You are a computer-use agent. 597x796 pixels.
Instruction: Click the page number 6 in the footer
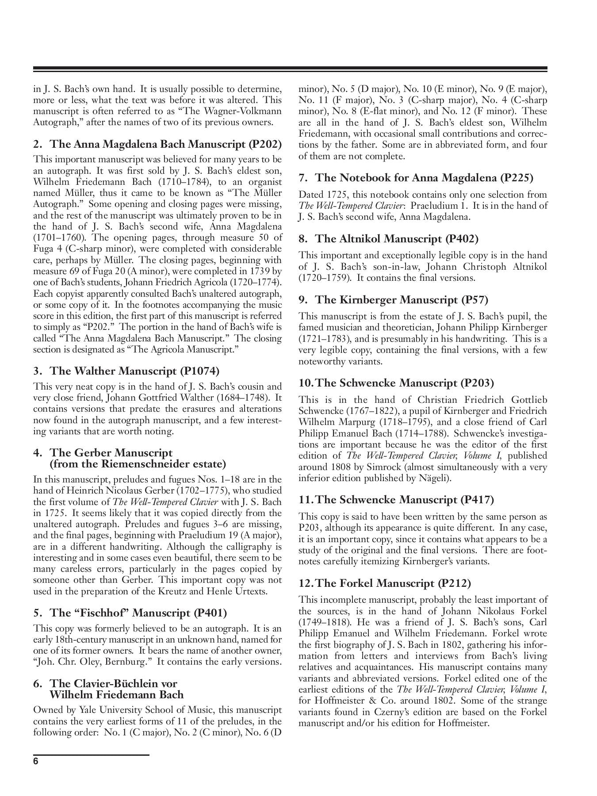point(36,762)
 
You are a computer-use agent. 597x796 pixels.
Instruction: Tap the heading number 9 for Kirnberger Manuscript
point(302,300)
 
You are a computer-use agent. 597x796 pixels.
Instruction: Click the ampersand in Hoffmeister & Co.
point(373,701)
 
